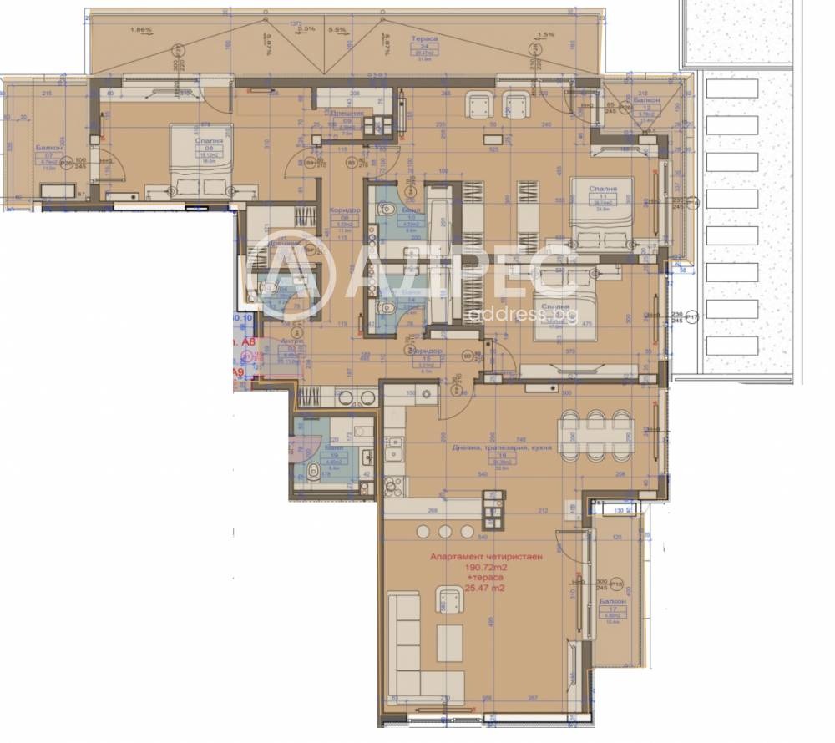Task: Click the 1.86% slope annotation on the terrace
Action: pyautogui.click(x=141, y=30)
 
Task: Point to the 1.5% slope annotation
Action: pyautogui.click(x=545, y=34)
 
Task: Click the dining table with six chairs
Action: pyautogui.click(x=595, y=436)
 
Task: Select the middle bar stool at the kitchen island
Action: pyautogui.click(x=444, y=531)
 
